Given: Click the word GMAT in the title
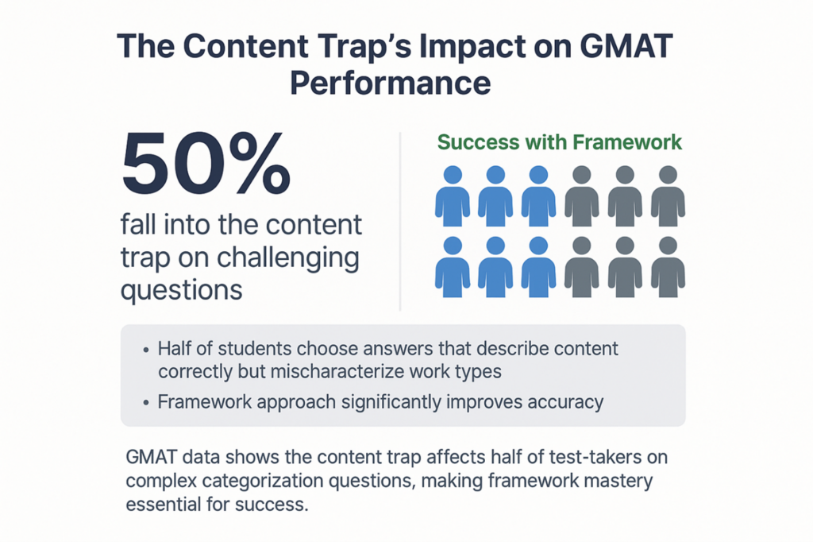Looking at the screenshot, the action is (x=626, y=45).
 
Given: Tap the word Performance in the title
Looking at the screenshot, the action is (x=391, y=83).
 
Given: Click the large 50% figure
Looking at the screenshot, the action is (x=206, y=164).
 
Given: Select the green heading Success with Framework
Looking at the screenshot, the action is (x=560, y=142).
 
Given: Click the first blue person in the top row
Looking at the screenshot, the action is (x=453, y=196).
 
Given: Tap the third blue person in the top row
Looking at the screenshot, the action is (x=539, y=196).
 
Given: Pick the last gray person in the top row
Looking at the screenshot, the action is (x=668, y=196).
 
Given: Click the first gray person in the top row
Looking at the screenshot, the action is (x=582, y=196).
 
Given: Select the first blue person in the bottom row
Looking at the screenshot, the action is (x=453, y=267).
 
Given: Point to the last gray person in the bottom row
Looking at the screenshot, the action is (x=668, y=267).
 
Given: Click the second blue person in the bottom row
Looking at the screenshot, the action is (x=495, y=267).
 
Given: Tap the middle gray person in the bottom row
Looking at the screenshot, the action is (x=625, y=267).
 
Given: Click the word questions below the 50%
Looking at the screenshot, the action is (x=182, y=291).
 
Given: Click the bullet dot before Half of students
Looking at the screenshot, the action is (x=146, y=350).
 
